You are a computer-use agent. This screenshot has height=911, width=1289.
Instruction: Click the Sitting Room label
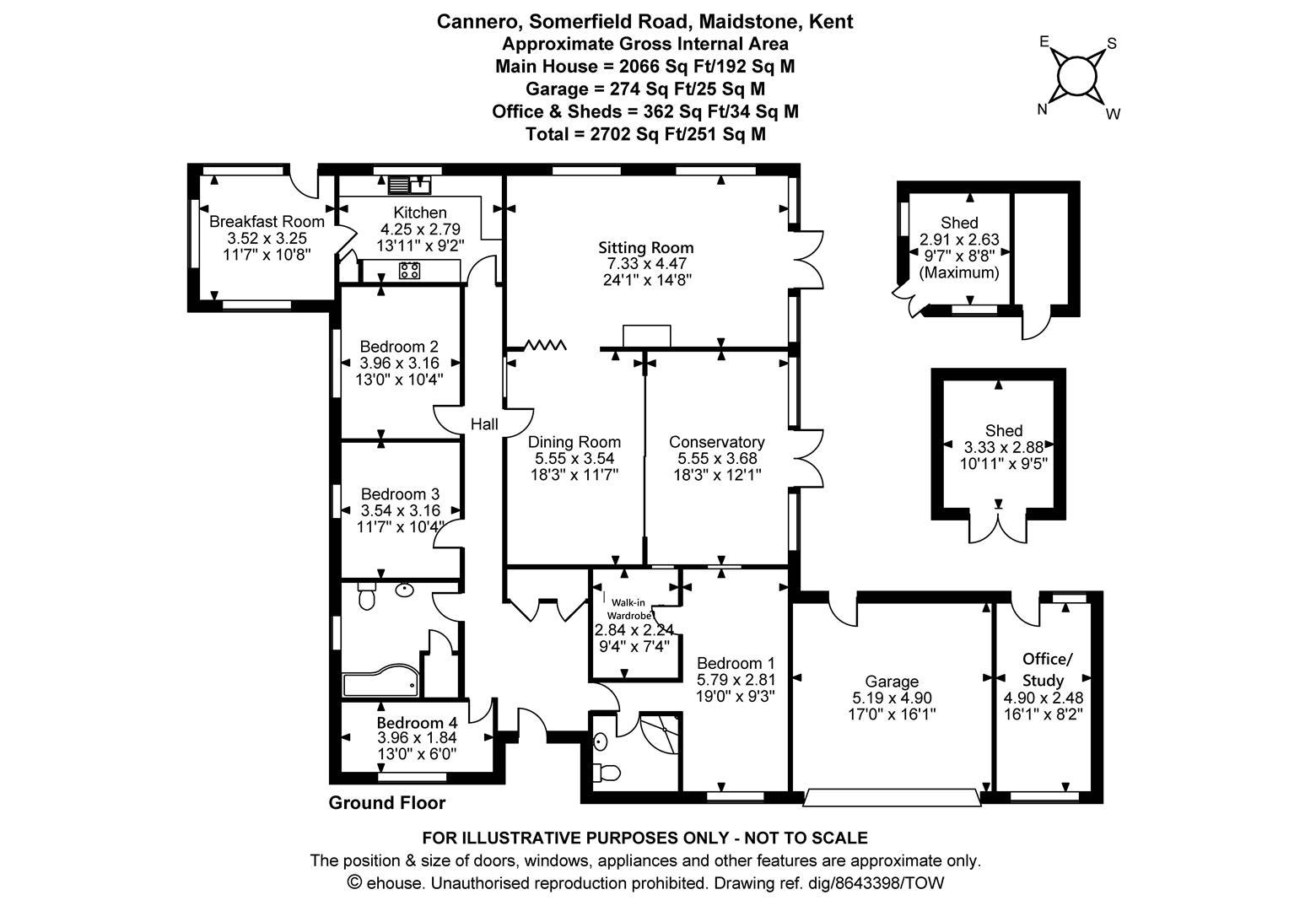point(645,248)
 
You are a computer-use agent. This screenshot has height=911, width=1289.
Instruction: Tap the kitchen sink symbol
point(410,185)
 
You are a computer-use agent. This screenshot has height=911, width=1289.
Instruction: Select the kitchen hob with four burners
point(409,271)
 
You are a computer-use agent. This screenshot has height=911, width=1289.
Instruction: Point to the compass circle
point(1076,77)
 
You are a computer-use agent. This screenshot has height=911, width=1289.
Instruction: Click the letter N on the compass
point(1042,110)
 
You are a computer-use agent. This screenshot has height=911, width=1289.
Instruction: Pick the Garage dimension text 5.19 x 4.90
point(892,698)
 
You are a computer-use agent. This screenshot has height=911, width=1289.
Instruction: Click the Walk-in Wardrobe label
point(628,609)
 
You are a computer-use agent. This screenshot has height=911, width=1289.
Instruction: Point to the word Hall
point(484,424)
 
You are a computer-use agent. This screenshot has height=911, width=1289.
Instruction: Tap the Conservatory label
point(717,442)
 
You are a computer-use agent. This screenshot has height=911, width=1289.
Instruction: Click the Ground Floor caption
point(387,803)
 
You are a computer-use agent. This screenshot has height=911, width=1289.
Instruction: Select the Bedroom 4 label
point(418,722)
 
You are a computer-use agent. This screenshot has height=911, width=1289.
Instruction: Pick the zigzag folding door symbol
point(545,345)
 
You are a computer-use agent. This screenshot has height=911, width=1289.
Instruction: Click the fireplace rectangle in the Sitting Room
point(647,336)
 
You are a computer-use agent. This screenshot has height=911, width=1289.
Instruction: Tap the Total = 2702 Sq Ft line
point(645,134)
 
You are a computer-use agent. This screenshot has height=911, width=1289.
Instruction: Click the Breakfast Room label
point(267,222)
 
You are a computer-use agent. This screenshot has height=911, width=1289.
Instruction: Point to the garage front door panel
point(892,798)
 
